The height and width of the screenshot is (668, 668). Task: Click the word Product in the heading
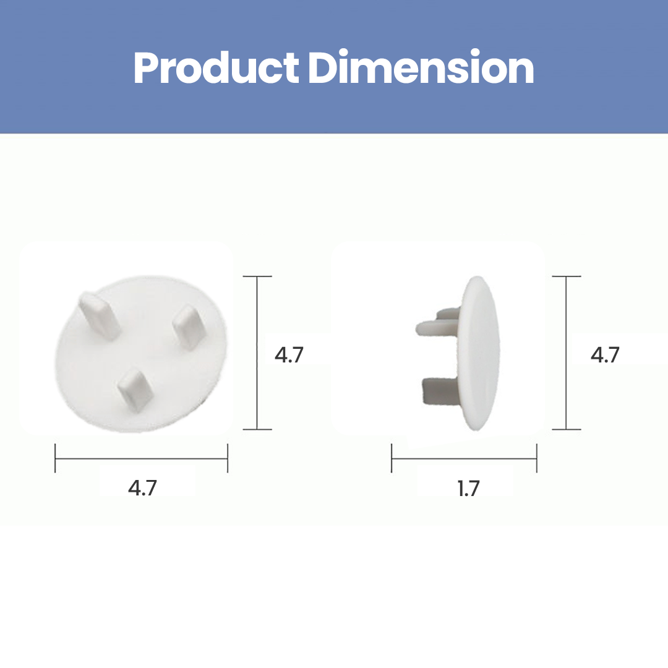tap(216, 68)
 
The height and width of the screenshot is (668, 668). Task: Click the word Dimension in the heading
tap(421, 67)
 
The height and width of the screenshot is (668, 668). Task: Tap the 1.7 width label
tap(469, 488)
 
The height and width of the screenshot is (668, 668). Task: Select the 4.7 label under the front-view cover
tap(142, 487)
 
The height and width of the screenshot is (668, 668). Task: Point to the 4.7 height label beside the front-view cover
tap(289, 355)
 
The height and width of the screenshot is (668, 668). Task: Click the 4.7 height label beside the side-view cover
tap(605, 355)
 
